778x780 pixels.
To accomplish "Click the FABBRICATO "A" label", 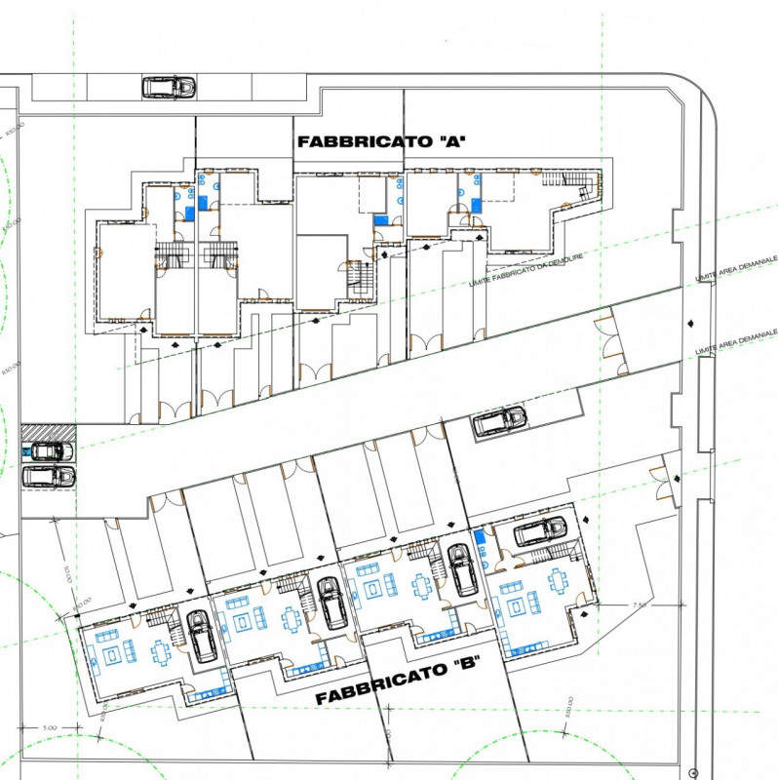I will click(x=382, y=141).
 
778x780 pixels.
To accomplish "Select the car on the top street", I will click(x=169, y=87).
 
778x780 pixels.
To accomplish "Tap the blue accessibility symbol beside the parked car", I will click(x=25, y=452).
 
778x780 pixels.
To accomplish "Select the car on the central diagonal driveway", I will click(x=499, y=420).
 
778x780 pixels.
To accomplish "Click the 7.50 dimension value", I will click(x=640, y=605).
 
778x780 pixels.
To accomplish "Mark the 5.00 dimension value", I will click(x=50, y=727).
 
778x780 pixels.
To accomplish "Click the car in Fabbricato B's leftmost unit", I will click(x=202, y=635).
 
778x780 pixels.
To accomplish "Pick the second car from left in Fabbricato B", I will click(x=331, y=602).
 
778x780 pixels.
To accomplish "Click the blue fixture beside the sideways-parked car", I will click(x=479, y=539).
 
